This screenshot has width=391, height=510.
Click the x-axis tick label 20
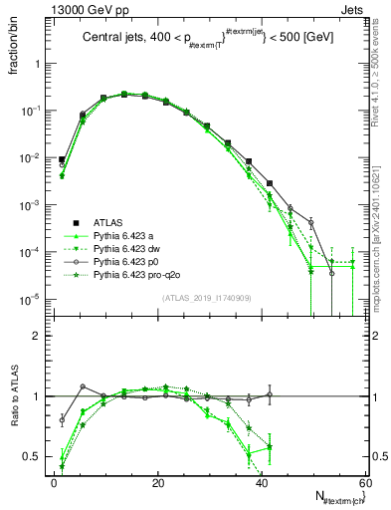point(157,482)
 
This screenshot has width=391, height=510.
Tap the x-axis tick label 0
point(54,482)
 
